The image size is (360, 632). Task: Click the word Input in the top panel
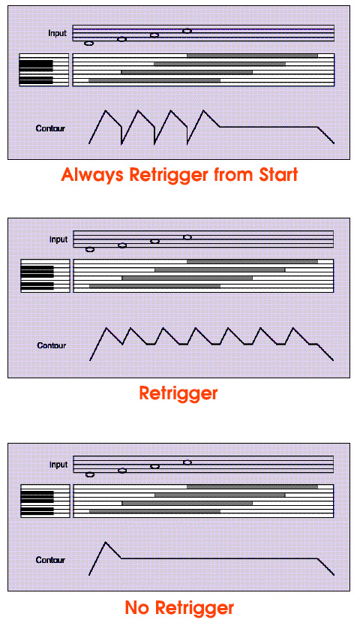57,34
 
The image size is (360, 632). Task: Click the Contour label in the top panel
50,128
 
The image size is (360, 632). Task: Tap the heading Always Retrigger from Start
179,175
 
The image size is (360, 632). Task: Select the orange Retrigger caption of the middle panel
178,393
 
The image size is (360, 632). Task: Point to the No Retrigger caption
179,607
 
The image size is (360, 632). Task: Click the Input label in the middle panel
58,239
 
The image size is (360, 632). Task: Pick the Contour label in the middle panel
52,346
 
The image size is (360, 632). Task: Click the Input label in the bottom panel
58,465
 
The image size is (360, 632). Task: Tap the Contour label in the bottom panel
50,560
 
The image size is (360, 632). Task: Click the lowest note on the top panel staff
89,44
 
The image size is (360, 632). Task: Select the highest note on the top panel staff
187,31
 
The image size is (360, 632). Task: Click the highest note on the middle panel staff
187,237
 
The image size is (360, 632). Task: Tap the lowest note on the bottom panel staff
90,475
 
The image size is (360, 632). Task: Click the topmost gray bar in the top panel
252,56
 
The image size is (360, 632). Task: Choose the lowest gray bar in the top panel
154,80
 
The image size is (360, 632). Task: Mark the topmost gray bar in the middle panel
252,262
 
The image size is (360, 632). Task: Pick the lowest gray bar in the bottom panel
155,511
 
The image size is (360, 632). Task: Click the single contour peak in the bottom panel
106,543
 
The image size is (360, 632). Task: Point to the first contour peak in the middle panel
106,328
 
